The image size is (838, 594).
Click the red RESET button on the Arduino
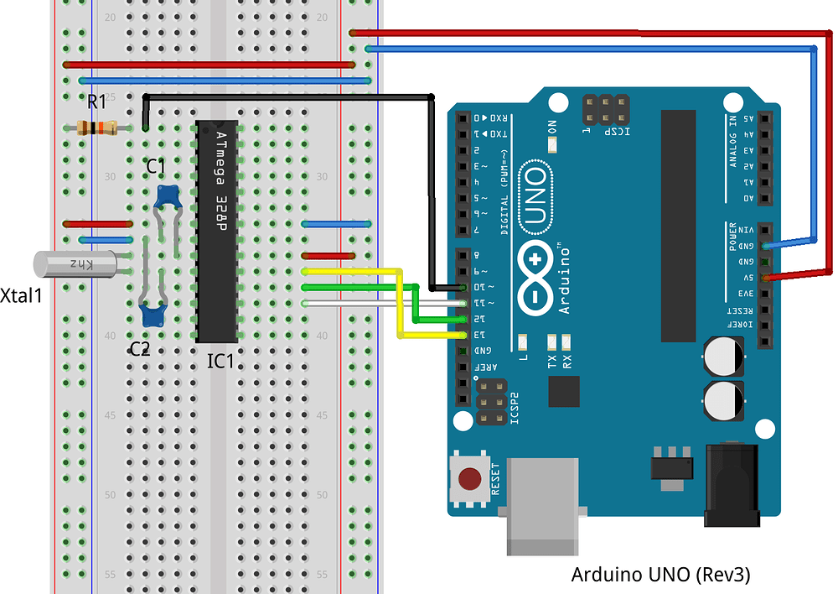click(x=469, y=479)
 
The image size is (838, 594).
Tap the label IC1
click(x=220, y=362)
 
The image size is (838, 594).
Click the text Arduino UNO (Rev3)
click(x=660, y=575)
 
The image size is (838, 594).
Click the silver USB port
click(x=543, y=506)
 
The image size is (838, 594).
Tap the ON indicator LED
click(x=552, y=145)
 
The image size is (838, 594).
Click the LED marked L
click(x=524, y=341)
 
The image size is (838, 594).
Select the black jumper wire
click(x=431, y=193)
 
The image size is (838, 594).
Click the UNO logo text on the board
click(x=534, y=198)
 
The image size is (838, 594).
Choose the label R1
click(x=97, y=102)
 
